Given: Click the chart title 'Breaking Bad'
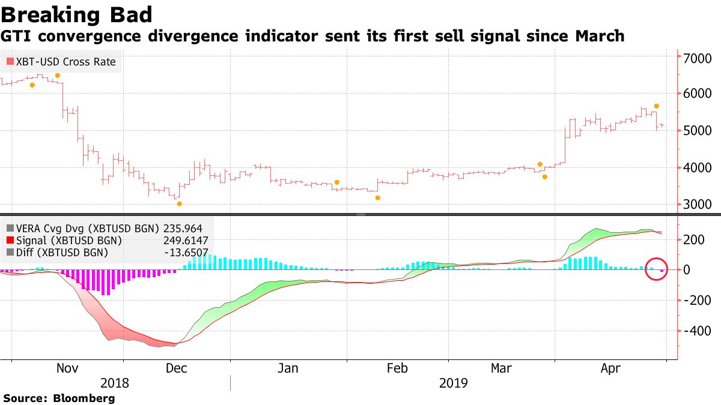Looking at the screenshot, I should (76, 14).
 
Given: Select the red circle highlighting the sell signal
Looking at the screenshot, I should (657, 269).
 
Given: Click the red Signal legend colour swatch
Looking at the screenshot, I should (10, 241).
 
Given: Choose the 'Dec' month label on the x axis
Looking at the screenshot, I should (176, 368).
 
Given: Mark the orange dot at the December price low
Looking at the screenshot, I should (179, 204).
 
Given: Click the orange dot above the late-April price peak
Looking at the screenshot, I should (657, 106).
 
